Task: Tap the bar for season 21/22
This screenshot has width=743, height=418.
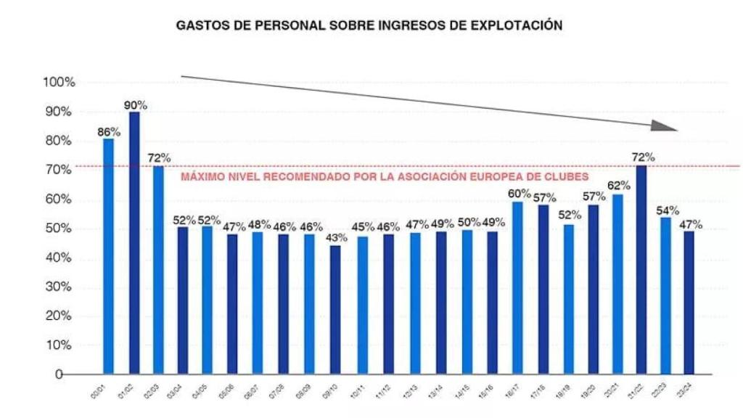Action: click(x=641, y=269)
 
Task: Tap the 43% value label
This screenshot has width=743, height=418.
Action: click(x=335, y=238)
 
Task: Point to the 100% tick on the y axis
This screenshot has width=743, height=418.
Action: click(x=59, y=83)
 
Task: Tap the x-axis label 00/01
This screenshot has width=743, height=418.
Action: click(x=106, y=391)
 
